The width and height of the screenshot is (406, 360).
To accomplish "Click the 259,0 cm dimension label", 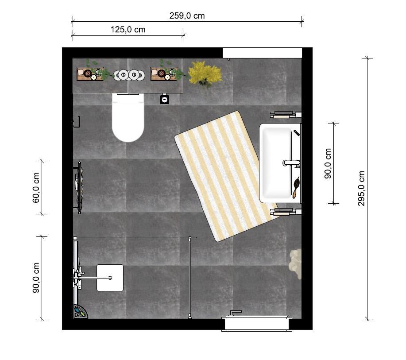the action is pyautogui.click(x=187, y=16).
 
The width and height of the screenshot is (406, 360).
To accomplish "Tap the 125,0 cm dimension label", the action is pyautogui.click(x=128, y=30).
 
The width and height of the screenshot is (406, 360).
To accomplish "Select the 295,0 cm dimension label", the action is pyautogui.click(x=361, y=188).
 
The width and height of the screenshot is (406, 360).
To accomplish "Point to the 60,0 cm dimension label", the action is pyautogui.click(x=36, y=188).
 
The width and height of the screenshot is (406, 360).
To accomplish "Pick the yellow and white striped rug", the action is pyautogui.click(x=227, y=176).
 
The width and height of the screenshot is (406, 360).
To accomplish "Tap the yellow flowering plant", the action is pyautogui.click(x=205, y=74).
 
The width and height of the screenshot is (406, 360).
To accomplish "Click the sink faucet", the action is pyautogui.click(x=291, y=163).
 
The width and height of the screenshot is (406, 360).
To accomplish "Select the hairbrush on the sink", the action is pyautogui.click(x=295, y=187).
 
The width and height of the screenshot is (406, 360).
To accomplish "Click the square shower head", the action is pyautogui.click(x=110, y=278).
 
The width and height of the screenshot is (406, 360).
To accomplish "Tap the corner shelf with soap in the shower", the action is pyautogui.click(x=80, y=312).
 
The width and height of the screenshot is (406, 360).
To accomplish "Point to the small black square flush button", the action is pyautogui.click(x=165, y=100).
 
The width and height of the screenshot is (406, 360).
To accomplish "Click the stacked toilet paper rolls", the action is pyautogui.click(x=129, y=75).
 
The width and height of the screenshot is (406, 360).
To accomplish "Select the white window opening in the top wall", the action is pyautogui.click(x=263, y=53).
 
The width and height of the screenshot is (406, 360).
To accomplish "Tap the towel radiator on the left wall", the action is pyautogui.click(x=78, y=187).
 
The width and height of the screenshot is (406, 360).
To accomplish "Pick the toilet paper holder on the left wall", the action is pyautogui.click(x=77, y=122).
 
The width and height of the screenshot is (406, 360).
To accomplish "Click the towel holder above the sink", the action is pyautogui.click(x=286, y=115).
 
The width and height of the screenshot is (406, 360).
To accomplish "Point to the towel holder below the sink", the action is pyautogui.click(x=286, y=212).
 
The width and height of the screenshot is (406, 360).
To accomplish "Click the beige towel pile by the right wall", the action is pyautogui.click(x=295, y=263).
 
